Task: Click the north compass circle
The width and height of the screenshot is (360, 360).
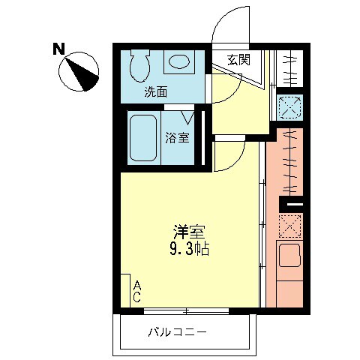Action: click(x=80, y=71)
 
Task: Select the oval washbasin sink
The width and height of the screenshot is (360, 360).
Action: click(x=178, y=62)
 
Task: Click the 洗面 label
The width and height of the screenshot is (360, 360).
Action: click(x=156, y=92)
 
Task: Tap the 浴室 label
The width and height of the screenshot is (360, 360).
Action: click(x=177, y=137)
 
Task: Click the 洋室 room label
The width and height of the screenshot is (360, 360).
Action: click(x=189, y=232)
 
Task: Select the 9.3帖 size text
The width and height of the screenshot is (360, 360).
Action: click(x=189, y=249)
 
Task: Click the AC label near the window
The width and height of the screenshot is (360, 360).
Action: click(x=138, y=292)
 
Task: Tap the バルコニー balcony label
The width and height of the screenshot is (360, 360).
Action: click(x=177, y=331)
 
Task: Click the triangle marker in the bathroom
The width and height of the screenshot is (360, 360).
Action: click(x=187, y=116)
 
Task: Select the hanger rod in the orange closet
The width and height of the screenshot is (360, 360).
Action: click(x=289, y=161)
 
